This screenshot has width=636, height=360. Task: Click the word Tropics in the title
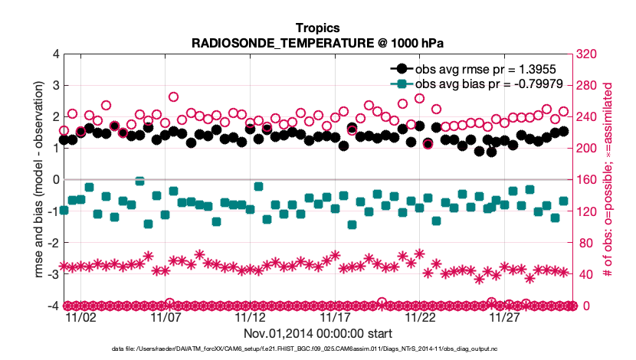coord(318,28)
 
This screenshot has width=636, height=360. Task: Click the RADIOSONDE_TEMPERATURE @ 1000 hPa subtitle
coord(318,43)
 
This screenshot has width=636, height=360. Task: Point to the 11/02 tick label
coord(81,317)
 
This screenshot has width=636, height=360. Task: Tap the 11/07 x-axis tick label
coord(166,317)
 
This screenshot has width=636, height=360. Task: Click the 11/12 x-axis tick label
coord(251,317)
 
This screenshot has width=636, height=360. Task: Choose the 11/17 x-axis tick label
coord(336,317)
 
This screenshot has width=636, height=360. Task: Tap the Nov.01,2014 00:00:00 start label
coord(318,333)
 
